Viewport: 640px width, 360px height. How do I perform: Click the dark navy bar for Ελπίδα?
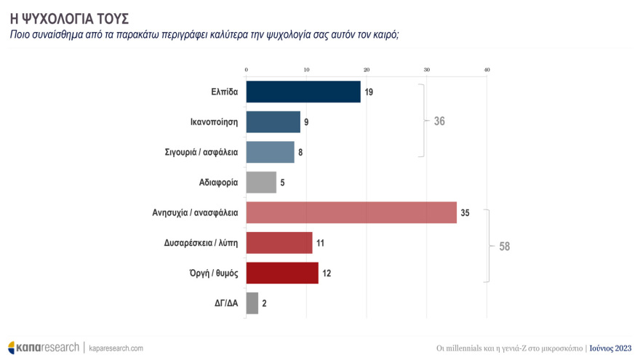click(x=303, y=92)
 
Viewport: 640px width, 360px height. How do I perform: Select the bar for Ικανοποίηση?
click(x=273, y=122)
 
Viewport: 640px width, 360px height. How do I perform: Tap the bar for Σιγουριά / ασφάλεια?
click(x=271, y=152)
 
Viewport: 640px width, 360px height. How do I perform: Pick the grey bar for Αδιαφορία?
click(x=261, y=182)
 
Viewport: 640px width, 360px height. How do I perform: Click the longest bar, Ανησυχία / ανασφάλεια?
click(x=351, y=212)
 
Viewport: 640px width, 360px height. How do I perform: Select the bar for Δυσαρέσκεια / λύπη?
click(x=279, y=242)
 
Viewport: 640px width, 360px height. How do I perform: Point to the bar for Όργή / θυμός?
click(x=282, y=273)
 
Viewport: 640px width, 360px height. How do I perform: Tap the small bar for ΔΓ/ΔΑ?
click(x=252, y=303)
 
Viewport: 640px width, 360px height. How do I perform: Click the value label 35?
click(x=465, y=212)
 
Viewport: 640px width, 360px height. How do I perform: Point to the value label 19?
click(x=369, y=92)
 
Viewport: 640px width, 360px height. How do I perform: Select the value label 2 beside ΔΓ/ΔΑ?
click(x=264, y=303)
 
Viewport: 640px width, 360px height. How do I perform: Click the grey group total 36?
click(x=439, y=121)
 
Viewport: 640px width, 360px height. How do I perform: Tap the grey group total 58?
click(x=505, y=247)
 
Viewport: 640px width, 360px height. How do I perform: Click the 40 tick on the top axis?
click(x=487, y=70)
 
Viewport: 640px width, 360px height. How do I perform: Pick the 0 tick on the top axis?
click(x=247, y=70)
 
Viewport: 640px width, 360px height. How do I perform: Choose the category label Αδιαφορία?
click(x=218, y=182)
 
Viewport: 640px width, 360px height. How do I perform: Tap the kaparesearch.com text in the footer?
click(x=116, y=348)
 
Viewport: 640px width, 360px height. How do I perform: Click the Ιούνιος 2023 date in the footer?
click(x=610, y=348)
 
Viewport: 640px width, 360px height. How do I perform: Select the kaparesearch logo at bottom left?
click(x=44, y=348)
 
